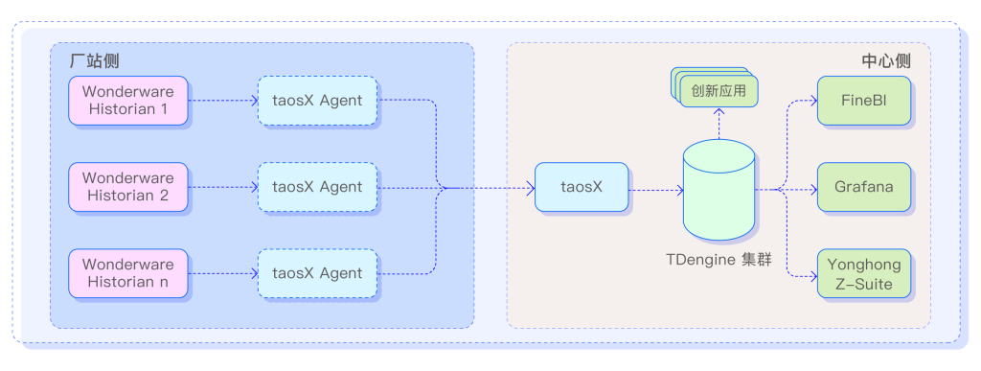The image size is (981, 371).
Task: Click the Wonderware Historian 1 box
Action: pyautogui.click(x=128, y=101)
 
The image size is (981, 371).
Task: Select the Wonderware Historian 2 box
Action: pyautogui.click(x=128, y=187)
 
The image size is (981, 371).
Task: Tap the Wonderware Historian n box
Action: pyautogui.click(x=128, y=273)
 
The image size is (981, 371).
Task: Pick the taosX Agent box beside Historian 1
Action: pyautogui.click(x=317, y=101)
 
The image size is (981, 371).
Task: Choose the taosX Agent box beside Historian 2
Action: pyautogui.click(x=317, y=187)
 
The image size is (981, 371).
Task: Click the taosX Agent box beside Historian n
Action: pyautogui.click(x=317, y=273)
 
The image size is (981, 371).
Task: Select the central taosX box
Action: pyautogui.click(x=582, y=187)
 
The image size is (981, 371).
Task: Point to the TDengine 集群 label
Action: pyautogui.click(x=719, y=260)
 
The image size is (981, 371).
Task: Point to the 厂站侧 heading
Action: pyautogui.click(x=95, y=60)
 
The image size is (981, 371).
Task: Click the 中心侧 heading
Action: pyautogui.click(x=885, y=60)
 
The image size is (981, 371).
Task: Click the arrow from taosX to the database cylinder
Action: pyautogui.click(x=655, y=189)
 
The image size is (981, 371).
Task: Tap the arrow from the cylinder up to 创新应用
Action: pyautogui.click(x=718, y=125)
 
